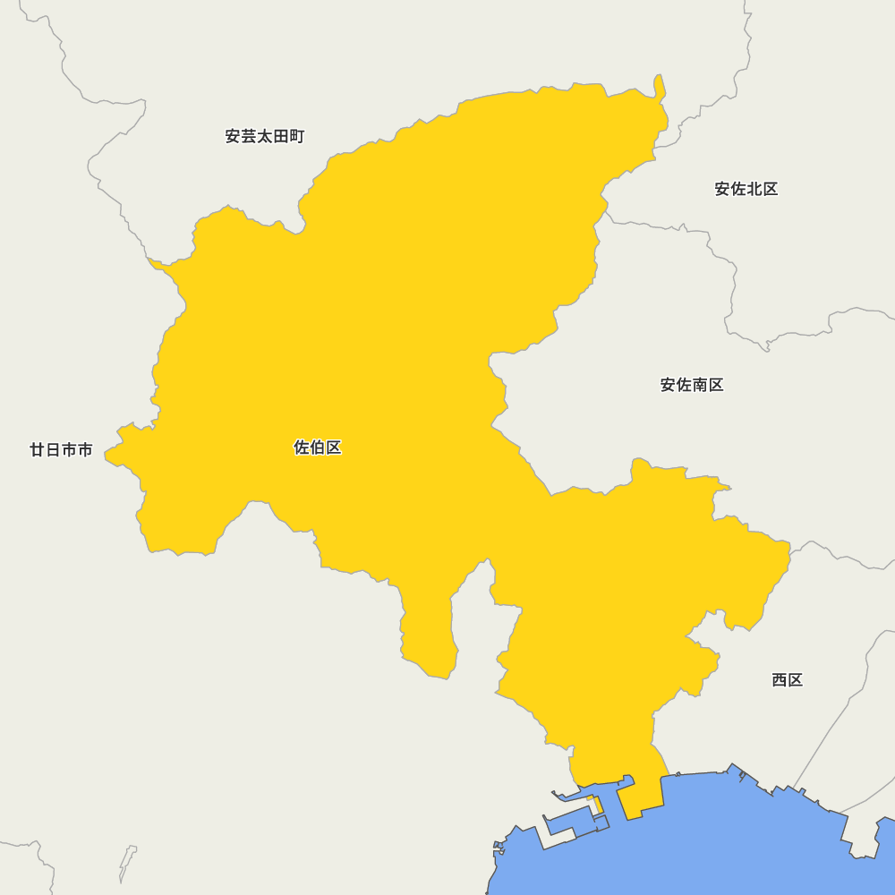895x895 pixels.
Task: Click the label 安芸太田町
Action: pos(265,137)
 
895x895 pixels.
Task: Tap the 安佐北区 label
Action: pos(746,189)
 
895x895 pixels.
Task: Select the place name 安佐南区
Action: pos(692,385)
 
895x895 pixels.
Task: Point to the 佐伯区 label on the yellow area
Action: pos(318,447)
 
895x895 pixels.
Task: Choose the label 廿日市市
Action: pos(61,450)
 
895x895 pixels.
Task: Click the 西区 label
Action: pos(788,680)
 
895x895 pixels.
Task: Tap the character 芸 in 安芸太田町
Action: pos(249,137)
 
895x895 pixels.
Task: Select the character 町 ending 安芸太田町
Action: pos(297,137)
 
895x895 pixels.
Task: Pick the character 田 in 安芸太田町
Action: pos(281,137)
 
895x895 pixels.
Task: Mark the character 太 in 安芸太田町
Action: pos(265,137)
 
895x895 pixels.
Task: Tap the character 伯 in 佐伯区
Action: pos(318,447)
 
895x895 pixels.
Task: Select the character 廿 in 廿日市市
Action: pos(38,450)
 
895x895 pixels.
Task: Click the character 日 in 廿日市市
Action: pos(53,450)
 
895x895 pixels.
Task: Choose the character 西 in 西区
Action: pos(780,680)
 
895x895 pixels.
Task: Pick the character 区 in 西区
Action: pos(796,680)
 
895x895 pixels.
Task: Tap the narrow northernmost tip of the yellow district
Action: pos(660,86)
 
